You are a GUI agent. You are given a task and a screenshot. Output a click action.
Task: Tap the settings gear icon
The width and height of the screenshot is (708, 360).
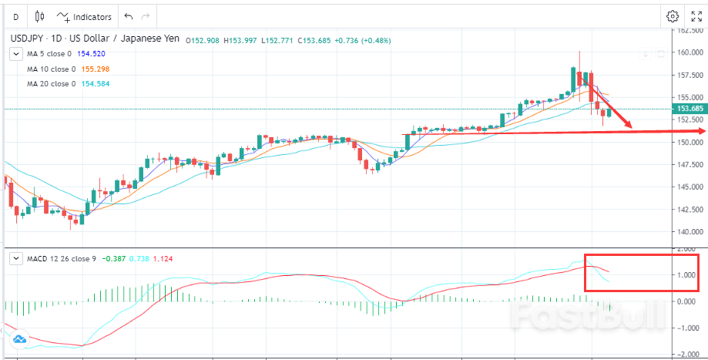(673, 16)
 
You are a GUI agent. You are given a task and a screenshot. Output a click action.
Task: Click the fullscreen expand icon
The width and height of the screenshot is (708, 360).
(696, 16)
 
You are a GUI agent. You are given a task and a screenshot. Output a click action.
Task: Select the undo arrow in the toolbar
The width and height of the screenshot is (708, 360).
(128, 16)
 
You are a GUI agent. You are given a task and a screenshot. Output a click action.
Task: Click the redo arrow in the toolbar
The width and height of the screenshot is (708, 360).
(146, 16)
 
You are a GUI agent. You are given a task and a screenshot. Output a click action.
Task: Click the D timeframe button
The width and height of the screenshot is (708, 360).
(15, 16)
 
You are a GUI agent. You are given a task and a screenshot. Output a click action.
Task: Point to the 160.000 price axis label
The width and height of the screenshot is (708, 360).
(689, 52)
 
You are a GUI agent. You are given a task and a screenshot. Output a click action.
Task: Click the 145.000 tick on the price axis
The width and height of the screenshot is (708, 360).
(689, 187)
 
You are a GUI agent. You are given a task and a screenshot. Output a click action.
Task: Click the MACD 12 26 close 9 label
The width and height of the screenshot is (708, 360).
(62, 258)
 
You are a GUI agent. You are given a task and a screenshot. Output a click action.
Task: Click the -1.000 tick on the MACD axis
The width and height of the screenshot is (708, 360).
(687, 328)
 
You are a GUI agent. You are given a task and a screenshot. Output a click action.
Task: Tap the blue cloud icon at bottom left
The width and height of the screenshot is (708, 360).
(20, 339)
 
